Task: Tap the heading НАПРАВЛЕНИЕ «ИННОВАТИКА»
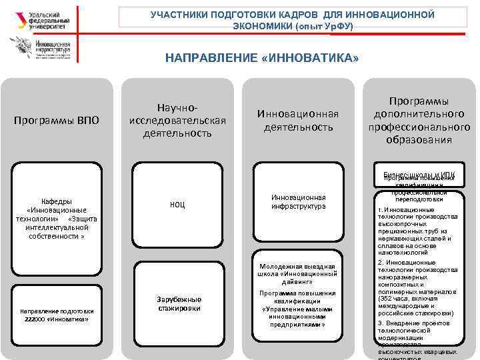(x=262, y=59)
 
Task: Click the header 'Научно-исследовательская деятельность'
(x=177, y=120)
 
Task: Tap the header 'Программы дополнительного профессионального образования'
(x=415, y=120)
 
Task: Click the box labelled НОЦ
(x=177, y=205)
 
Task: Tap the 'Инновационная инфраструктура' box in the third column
(x=298, y=202)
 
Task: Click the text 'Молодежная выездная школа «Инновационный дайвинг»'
(x=298, y=273)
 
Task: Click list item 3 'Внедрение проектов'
(x=413, y=323)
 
